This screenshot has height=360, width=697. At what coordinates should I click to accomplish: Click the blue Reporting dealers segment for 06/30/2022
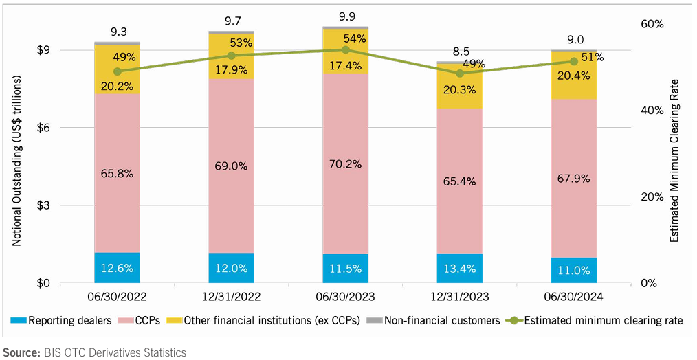tap(117, 268)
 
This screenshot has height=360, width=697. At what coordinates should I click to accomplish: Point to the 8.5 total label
tap(459, 51)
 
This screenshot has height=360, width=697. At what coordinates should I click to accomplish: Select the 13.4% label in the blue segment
tap(459, 269)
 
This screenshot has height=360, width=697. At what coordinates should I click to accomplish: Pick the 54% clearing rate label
tap(355, 38)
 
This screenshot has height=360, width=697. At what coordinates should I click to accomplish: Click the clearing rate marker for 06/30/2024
tap(574, 62)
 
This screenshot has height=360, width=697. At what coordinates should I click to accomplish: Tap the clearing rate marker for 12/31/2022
tap(232, 56)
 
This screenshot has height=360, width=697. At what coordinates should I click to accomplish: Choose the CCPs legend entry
tap(141, 320)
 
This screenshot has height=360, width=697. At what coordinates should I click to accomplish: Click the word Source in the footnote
tap(22, 352)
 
